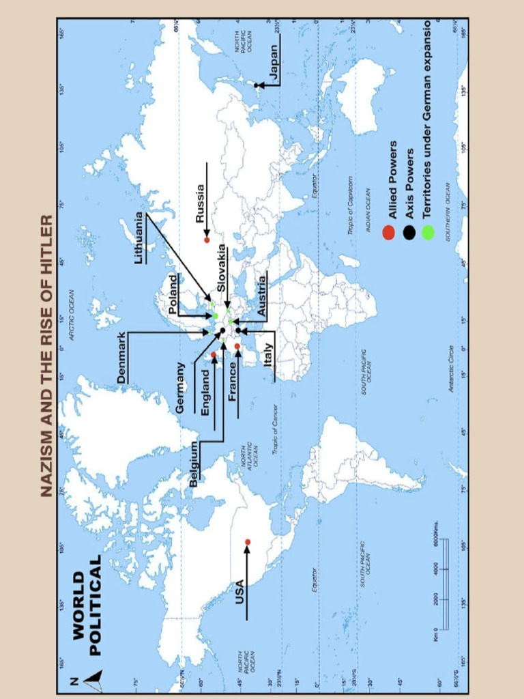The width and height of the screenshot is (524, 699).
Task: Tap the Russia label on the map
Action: pyautogui.click(x=200, y=203)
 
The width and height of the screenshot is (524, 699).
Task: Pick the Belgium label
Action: pyautogui.click(x=194, y=463)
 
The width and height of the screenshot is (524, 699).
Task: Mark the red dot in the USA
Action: pyautogui.click(x=248, y=542)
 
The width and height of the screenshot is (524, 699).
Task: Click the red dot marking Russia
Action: pyautogui.click(x=207, y=240)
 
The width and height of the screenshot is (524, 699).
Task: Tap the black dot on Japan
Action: pyautogui.click(x=258, y=85)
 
